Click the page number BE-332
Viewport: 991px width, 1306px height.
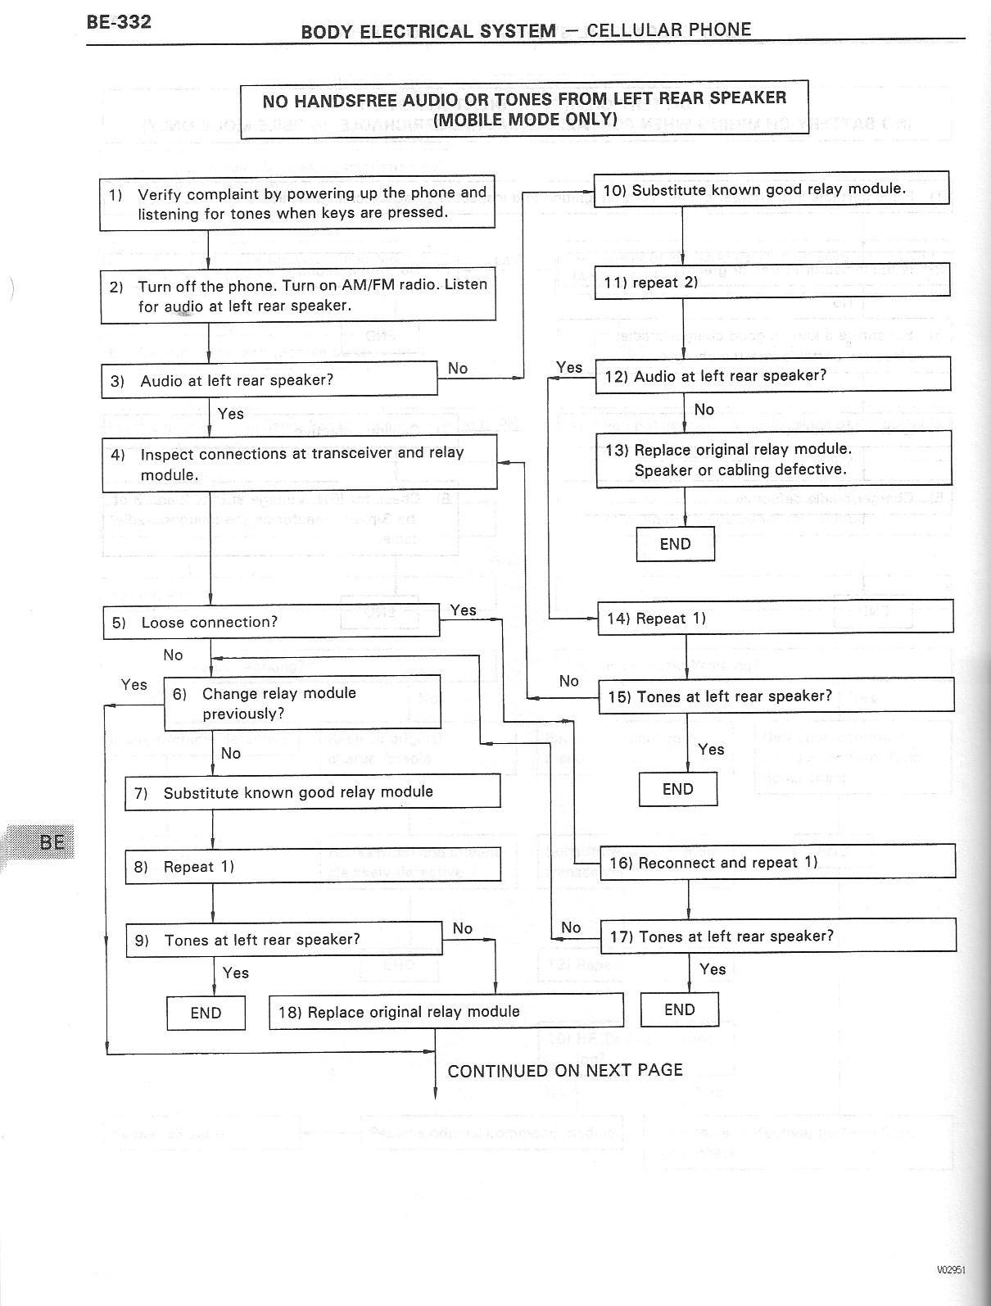[x=119, y=22]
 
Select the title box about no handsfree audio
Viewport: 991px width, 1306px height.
[x=524, y=109]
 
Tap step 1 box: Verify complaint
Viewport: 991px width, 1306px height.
[x=296, y=202]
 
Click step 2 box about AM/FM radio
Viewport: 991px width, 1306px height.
[x=298, y=295]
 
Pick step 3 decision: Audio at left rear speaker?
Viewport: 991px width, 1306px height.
[x=269, y=380]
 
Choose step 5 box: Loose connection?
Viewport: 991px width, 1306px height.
[x=271, y=622]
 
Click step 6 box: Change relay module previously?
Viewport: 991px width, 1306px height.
[x=302, y=703]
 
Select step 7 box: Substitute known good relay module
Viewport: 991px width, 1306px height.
[x=312, y=792]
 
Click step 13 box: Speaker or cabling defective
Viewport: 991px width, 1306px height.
[x=773, y=460]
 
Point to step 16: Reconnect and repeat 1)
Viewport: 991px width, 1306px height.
[x=776, y=862]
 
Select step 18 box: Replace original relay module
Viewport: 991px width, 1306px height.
[x=446, y=1011]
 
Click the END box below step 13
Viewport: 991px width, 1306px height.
[x=675, y=544]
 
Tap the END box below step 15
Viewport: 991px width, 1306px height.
[x=677, y=789]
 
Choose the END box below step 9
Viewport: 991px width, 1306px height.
[x=206, y=1013]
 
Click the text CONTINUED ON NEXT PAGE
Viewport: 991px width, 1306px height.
[x=564, y=1070]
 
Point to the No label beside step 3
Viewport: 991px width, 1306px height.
[x=458, y=369]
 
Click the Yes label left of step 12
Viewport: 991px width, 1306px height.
[x=568, y=367]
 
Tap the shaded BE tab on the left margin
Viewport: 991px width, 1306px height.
[x=51, y=841]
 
